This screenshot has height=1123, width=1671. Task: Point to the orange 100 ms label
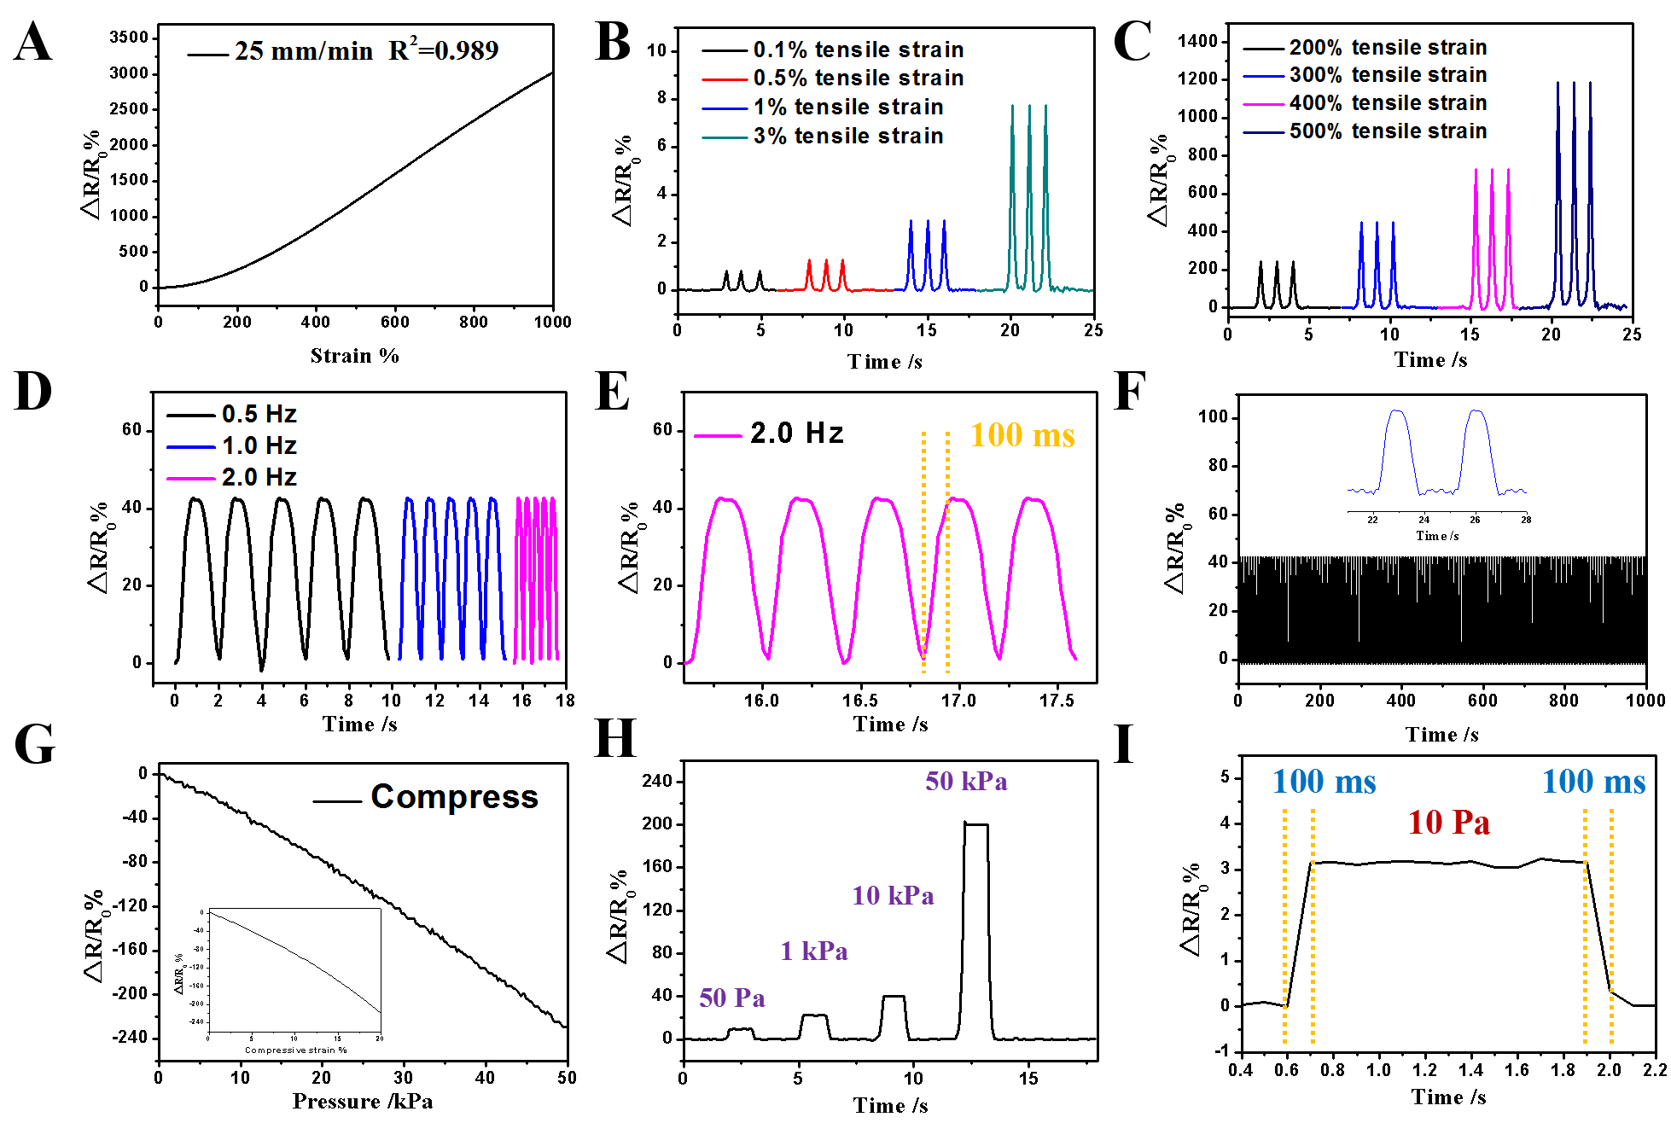pos(1022,435)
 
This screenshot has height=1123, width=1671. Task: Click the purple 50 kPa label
pos(966,781)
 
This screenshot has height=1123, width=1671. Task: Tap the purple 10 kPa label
pos(893,895)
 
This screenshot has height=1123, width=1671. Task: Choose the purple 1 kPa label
pos(814,951)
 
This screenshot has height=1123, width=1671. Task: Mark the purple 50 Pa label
pos(732,998)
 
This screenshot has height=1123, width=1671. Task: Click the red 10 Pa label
pos(1449,823)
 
